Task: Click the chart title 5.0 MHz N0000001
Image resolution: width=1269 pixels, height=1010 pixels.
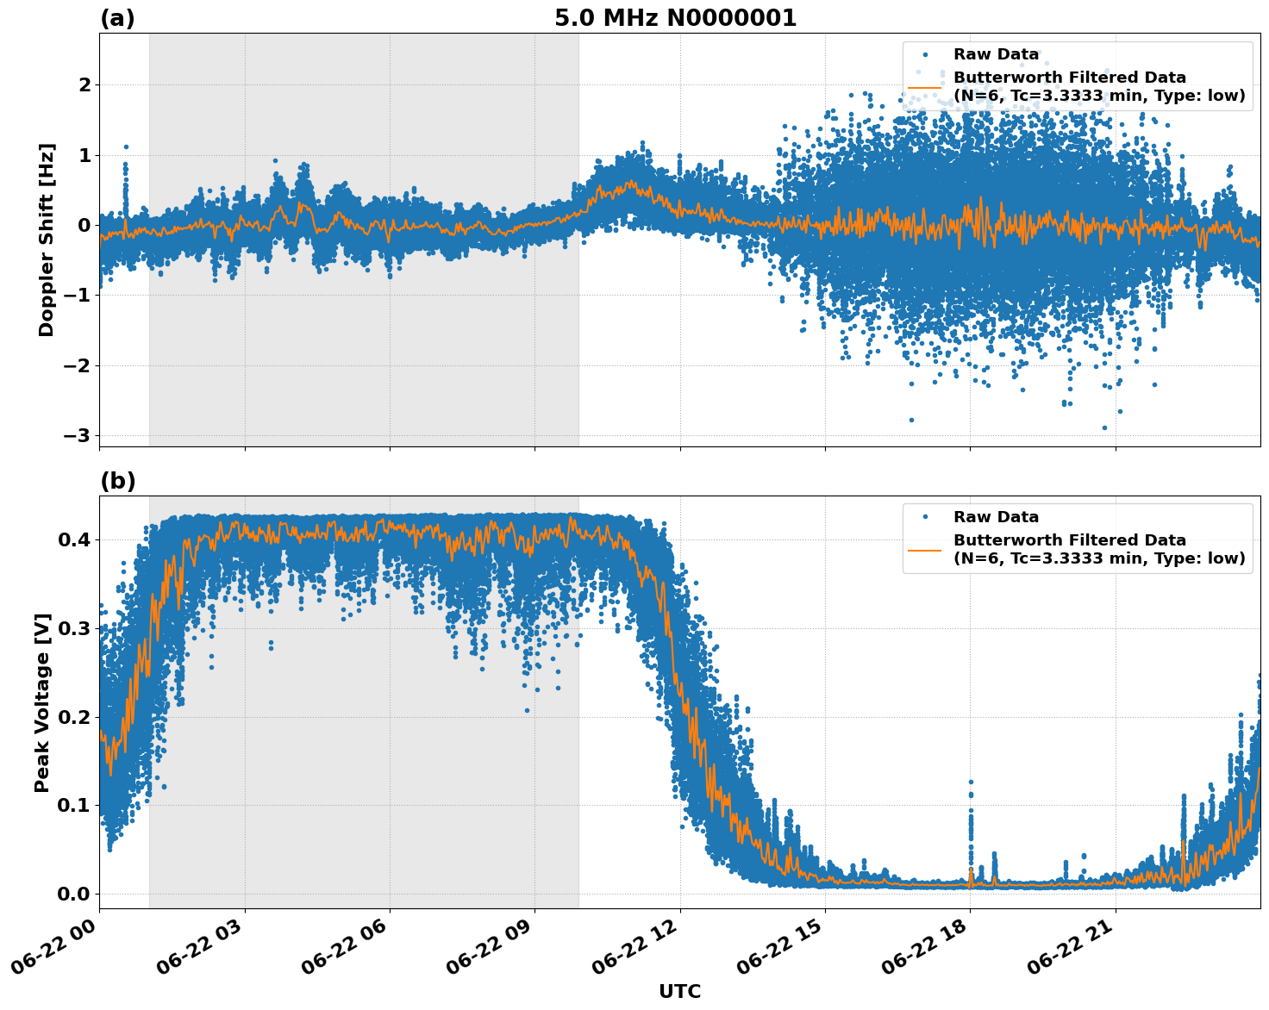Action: coord(675,18)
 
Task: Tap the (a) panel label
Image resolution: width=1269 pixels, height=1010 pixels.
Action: coord(117,18)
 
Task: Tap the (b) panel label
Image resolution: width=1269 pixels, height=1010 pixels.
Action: coord(117,481)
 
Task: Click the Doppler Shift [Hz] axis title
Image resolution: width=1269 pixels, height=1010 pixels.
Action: coord(47,240)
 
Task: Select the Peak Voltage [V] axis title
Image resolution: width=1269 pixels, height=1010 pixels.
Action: coord(42,702)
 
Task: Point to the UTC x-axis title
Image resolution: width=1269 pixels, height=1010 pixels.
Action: coord(679,991)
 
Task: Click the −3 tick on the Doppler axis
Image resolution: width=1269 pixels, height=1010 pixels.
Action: coord(78,436)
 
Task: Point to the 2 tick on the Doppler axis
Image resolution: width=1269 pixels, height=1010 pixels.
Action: coord(84,84)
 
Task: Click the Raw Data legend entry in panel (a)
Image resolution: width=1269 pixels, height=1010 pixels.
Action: coord(996,55)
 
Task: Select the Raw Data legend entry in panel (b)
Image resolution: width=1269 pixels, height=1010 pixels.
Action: coord(996,517)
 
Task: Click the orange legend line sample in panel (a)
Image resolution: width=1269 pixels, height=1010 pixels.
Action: coord(924,86)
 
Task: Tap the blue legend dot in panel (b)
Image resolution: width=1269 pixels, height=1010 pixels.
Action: coord(925,517)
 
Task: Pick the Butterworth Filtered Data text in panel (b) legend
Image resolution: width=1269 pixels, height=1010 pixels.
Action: coord(1069,540)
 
